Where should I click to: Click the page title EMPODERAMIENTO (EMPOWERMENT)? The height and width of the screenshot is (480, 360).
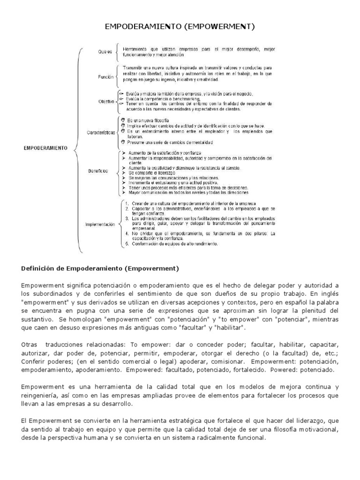[180, 27]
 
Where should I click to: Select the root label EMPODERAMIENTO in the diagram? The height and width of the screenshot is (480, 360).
[45, 148]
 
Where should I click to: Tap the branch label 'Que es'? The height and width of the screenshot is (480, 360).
[105, 52]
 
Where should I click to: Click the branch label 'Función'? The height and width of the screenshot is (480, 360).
[106, 76]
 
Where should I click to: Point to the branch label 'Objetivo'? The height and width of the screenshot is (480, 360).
[106, 101]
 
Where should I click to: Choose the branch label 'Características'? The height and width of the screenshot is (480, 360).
[101, 133]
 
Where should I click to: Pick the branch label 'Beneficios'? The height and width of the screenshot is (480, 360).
[97, 171]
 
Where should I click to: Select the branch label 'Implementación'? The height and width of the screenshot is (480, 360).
[100, 225]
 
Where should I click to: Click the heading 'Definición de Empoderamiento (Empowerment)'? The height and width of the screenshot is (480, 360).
[100, 269]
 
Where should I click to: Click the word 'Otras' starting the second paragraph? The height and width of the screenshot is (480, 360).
[29, 344]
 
